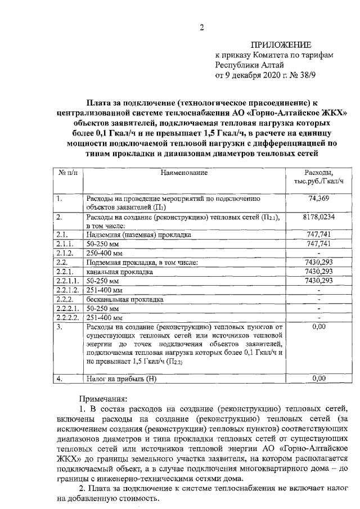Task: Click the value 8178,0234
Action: click(x=318, y=217)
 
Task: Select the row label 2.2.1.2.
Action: click(x=68, y=290)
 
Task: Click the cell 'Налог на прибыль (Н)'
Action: click(x=121, y=379)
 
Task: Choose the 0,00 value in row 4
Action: click(x=318, y=379)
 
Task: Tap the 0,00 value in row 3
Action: click(x=318, y=326)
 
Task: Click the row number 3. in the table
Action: click(x=60, y=326)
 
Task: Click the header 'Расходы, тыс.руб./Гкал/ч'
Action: click(x=318, y=176)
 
